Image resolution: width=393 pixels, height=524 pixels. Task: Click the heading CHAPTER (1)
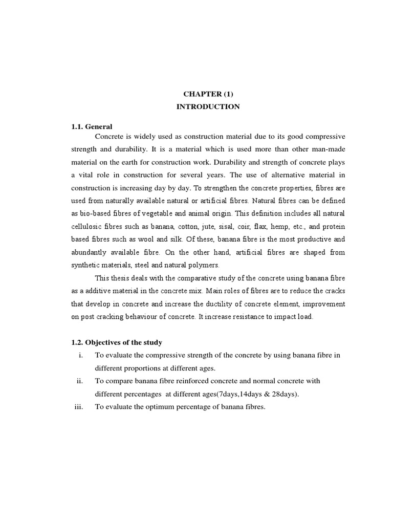click(208, 94)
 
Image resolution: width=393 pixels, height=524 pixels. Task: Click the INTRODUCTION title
click(208, 107)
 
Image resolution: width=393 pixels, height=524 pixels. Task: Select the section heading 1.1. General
click(92, 126)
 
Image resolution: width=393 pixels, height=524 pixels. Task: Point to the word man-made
click(330, 149)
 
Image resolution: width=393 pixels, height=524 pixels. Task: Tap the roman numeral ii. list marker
click(80, 381)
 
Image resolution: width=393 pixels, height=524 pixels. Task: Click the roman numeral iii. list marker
click(78, 407)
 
